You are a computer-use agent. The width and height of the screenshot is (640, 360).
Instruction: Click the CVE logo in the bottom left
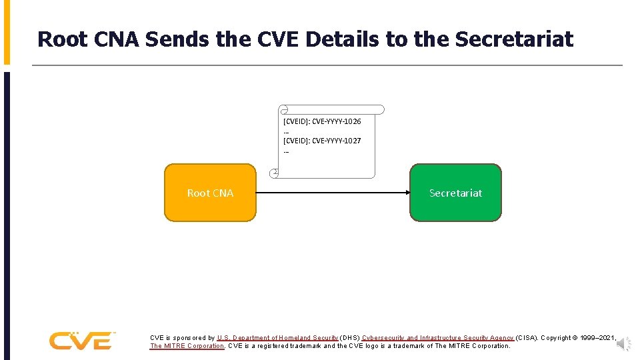[x=81, y=341]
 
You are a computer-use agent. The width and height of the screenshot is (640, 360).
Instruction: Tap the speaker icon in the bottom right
[x=623, y=343]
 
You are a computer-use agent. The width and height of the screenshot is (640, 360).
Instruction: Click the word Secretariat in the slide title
[x=514, y=39]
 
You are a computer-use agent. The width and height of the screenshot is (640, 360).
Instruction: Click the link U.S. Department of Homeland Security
[x=277, y=338]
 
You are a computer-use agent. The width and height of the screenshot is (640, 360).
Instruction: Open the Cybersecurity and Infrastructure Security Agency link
[x=437, y=338]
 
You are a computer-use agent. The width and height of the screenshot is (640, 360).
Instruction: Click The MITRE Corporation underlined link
[x=187, y=346]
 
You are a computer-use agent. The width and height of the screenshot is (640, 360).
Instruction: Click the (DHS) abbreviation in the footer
[x=349, y=338]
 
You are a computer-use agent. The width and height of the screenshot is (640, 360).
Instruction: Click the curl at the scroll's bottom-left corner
[x=274, y=173]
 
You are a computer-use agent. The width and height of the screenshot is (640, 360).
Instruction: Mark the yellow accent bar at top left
[x=7, y=32]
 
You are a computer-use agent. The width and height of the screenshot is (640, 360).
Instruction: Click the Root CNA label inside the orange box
[x=210, y=193]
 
